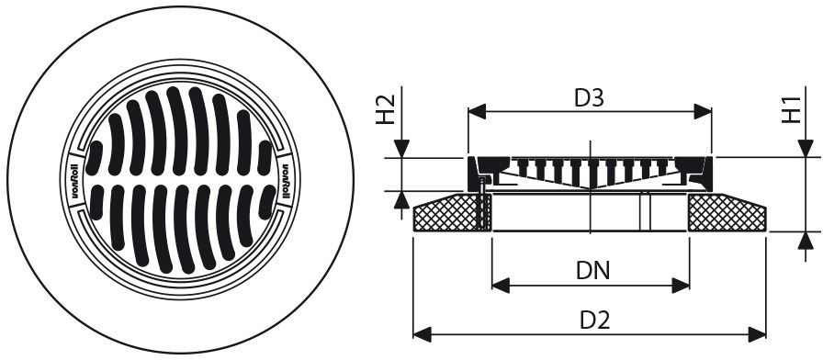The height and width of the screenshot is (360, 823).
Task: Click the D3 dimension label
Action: point(590,98)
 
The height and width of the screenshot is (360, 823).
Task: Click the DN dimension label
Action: point(593,271)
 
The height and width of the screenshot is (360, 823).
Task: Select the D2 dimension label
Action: point(594,321)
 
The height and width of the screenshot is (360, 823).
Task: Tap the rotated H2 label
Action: point(386,109)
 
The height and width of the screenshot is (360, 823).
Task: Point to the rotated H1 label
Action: point(792,110)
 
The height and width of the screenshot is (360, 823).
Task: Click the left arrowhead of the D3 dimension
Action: point(477,112)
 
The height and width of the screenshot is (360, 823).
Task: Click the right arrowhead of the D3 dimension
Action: point(703,112)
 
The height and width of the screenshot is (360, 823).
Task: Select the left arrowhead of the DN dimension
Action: point(501,286)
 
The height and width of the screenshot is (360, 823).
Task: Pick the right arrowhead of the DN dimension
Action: point(681,286)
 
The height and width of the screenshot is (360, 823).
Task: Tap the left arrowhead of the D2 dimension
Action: point(423,334)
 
